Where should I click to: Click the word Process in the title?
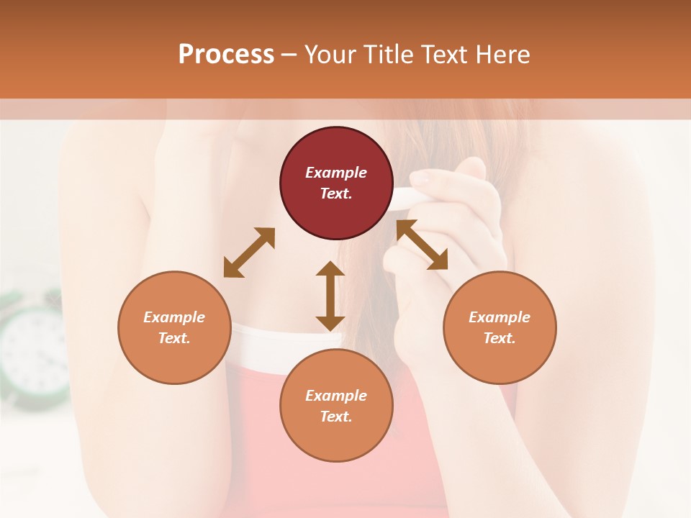tap(226, 55)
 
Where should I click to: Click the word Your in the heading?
tap(328, 55)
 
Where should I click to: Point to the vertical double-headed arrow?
tap(330, 296)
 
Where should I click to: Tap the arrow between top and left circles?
tap(249, 253)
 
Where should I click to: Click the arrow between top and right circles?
tap(422, 245)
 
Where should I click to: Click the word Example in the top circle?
tap(336, 173)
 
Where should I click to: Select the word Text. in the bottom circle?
tap(336, 417)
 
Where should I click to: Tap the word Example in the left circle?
tap(174, 317)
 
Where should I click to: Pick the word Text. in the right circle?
tap(500, 338)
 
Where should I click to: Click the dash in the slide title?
tap(289, 55)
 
